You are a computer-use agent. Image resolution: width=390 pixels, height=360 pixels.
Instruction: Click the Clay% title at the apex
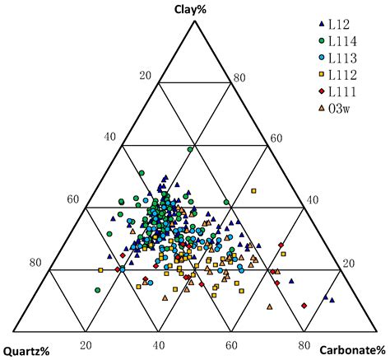click(x=194, y=9)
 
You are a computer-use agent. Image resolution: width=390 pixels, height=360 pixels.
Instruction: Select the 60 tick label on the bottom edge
click(x=231, y=346)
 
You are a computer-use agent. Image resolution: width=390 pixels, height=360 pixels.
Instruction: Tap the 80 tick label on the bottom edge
click(x=304, y=346)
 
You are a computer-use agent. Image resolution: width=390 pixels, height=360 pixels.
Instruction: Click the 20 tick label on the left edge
click(x=146, y=76)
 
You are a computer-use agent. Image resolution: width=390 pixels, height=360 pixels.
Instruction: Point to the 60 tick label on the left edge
click(x=74, y=200)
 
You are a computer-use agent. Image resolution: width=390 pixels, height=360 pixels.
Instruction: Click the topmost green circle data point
click(x=190, y=149)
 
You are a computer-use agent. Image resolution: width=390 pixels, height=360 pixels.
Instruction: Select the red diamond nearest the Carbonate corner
click(x=304, y=306)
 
